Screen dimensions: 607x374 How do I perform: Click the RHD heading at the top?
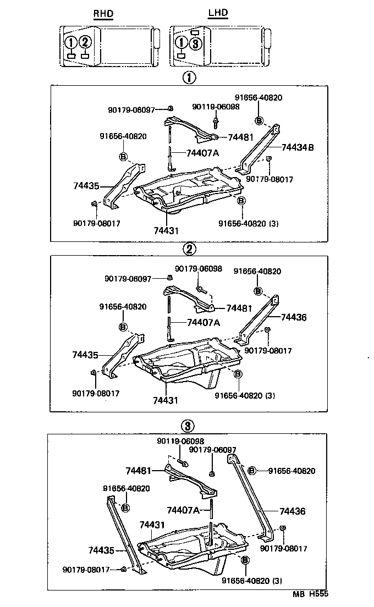[103, 13]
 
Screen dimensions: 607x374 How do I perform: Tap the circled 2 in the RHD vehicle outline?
[85, 42]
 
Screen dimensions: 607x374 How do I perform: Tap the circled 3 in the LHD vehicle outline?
[197, 44]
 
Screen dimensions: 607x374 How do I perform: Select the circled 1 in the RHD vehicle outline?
[70, 42]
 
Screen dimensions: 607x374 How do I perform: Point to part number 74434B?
[298, 147]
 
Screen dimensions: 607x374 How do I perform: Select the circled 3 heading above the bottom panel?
[187, 426]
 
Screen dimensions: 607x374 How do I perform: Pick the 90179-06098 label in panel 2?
[199, 268]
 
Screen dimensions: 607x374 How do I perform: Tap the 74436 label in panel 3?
[292, 511]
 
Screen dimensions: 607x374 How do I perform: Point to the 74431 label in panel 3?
[152, 525]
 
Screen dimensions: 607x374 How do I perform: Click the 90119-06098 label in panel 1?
[216, 107]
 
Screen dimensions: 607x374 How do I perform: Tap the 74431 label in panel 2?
[166, 400]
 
